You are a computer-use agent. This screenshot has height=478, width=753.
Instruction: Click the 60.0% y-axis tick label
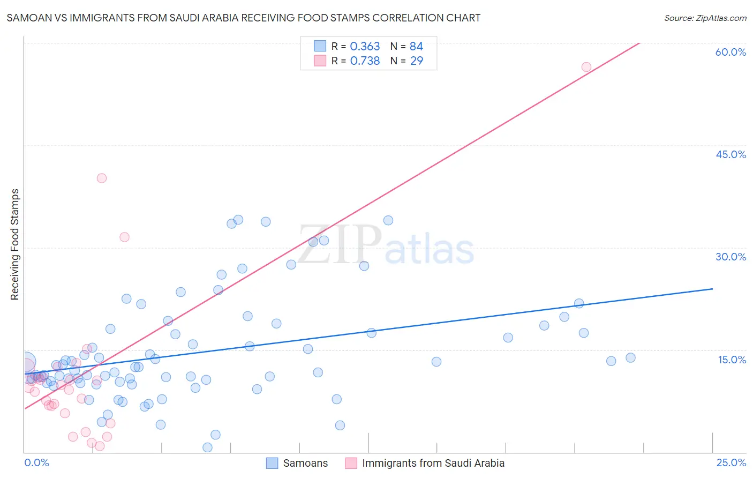coord(731,52)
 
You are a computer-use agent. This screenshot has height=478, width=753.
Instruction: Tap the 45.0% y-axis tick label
coord(731,154)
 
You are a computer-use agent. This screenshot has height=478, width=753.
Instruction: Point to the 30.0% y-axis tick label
coord(731,257)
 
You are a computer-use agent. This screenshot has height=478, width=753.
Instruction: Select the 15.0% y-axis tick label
coord(732,360)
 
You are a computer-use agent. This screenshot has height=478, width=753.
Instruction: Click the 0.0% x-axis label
coord(36,463)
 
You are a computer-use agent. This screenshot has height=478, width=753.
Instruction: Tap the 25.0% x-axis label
coord(731,463)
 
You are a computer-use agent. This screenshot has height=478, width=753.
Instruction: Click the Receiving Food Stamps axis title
coord(14,244)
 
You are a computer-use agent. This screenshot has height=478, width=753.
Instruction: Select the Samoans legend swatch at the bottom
coord(272,463)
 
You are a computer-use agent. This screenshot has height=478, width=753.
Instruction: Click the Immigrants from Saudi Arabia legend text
coord(433,463)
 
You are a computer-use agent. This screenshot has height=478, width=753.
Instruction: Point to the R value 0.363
coord(365,47)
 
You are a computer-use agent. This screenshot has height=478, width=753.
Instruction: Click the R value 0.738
coord(365,61)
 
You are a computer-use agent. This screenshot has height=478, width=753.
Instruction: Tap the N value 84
coord(416,47)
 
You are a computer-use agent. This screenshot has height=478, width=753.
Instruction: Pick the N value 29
coord(416,61)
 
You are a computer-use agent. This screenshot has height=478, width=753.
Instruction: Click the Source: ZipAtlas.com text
coord(705,18)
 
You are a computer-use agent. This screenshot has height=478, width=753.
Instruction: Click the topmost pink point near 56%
coord(586,67)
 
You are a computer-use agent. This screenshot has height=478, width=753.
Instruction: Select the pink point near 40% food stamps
coord(102,178)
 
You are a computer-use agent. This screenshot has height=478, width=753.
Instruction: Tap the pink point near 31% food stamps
coord(124,237)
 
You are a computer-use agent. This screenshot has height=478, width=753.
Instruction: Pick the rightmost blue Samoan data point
coord(630,357)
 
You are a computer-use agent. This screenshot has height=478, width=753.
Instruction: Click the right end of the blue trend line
coord(712,289)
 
